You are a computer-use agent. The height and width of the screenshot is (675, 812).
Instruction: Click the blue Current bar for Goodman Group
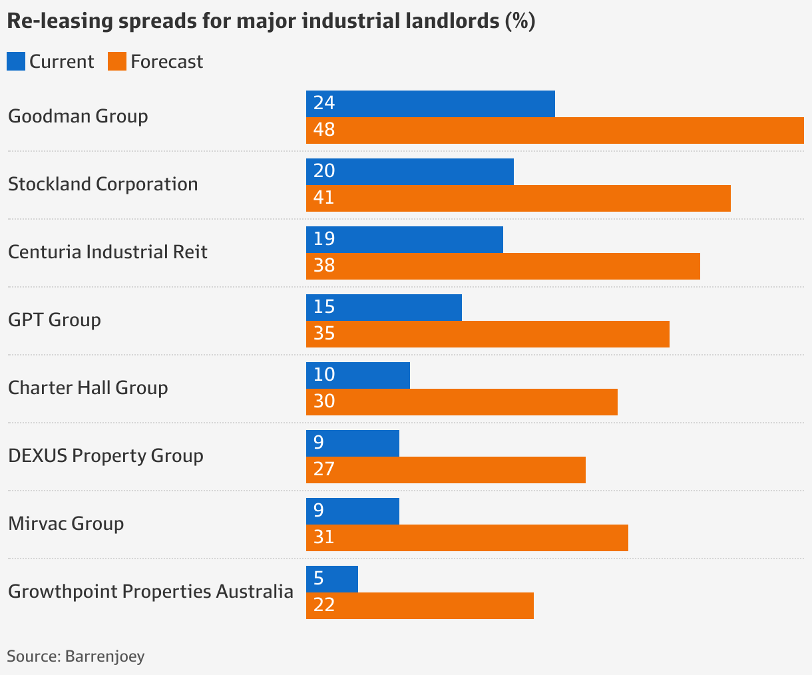pyautogui.click(x=430, y=104)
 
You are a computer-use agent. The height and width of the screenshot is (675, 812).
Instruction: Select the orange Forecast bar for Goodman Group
pyautogui.click(x=554, y=130)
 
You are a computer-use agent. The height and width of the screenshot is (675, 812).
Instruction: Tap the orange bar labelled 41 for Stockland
pyautogui.click(x=518, y=198)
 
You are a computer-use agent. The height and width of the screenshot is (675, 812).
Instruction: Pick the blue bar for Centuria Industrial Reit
pyautogui.click(x=404, y=240)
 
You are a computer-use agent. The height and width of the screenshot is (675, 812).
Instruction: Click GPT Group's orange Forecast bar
pyautogui.click(x=487, y=334)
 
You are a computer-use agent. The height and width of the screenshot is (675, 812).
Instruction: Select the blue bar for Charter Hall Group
pyautogui.click(x=357, y=375)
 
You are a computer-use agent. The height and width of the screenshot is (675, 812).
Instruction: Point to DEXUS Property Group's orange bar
pyautogui.click(x=445, y=470)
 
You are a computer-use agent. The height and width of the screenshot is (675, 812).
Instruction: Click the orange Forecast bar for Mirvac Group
pyautogui.click(x=467, y=538)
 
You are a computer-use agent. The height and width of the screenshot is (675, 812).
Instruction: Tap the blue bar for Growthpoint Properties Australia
pyautogui.click(x=331, y=579)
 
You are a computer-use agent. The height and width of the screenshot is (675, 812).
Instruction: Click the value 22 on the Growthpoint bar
pyautogui.click(x=324, y=605)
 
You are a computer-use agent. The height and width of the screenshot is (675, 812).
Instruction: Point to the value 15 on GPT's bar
pyautogui.click(x=324, y=307)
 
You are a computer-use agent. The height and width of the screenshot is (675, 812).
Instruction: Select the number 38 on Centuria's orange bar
pyautogui.click(x=324, y=266)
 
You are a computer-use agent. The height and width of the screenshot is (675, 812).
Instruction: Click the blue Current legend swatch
pyautogui.click(x=16, y=61)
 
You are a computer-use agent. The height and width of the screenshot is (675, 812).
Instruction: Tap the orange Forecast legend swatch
pyautogui.click(x=116, y=61)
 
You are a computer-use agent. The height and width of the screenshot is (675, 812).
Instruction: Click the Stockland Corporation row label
pyautogui.click(x=102, y=184)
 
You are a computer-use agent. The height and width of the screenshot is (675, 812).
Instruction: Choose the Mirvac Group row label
pyautogui.click(x=66, y=523)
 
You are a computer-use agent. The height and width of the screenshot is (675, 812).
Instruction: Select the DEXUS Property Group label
pyautogui.click(x=105, y=455)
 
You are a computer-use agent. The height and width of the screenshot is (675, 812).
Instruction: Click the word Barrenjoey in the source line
pyautogui.click(x=104, y=656)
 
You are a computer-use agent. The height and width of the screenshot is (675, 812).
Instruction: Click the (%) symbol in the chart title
pyautogui.click(x=520, y=21)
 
